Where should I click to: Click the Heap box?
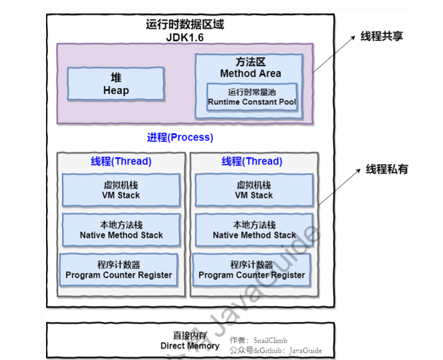click(116, 84)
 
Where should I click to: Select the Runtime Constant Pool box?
click(252, 97)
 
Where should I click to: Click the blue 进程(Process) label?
click(180, 137)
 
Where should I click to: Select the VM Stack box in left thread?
click(121, 190)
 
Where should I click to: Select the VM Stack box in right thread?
click(253, 190)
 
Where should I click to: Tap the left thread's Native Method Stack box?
click(121, 230)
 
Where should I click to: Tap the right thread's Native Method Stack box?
click(254, 230)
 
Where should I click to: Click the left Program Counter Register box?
click(119, 270)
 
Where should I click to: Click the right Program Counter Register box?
click(252, 270)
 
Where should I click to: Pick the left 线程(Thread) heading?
click(121, 161)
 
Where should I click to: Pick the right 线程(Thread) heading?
click(252, 161)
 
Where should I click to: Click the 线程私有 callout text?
click(387, 169)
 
